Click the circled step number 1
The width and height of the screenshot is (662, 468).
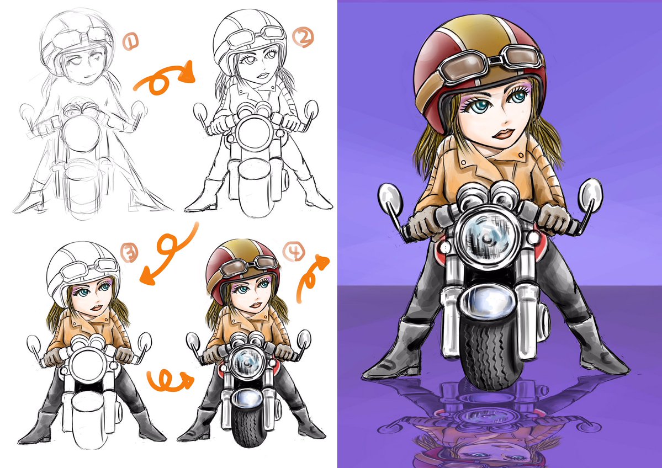130,42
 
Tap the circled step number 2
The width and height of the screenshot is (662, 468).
303,37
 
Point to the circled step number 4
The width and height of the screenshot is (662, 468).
293,252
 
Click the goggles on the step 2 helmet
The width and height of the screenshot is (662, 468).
256,37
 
